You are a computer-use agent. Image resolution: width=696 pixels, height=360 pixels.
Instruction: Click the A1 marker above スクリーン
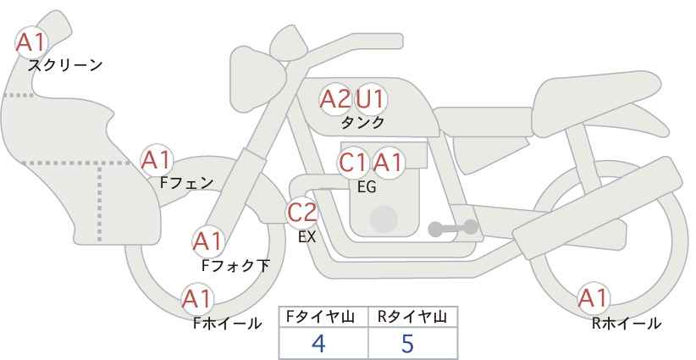tap(31, 42)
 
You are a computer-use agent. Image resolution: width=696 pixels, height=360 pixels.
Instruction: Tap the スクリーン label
tap(65, 66)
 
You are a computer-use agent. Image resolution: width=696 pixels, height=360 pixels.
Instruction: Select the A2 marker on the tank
tap(335, 99)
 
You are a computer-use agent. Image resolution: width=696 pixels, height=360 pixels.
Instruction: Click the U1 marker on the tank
tap(371, 99)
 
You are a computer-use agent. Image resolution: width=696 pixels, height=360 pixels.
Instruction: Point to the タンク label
tap(362, 122)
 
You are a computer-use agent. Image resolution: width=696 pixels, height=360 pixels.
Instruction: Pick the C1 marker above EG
tap(353, 163)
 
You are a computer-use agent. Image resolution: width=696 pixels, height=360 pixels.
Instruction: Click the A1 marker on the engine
tap(388, 163)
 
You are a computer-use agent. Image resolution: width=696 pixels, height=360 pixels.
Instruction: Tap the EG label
tap(367, 187)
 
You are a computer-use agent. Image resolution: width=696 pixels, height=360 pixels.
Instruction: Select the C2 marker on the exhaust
tap(302, 213)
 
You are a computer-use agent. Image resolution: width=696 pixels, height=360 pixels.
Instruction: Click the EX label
tap(307, 237)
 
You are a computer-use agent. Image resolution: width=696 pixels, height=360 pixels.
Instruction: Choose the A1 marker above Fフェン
tap(157, 160)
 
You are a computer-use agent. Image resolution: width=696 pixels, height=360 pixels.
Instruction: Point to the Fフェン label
tap(186, 182)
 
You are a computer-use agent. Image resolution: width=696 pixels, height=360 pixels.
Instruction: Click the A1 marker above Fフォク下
tap(207, 242)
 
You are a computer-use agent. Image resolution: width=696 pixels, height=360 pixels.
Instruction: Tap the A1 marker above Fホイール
tap(198, 299)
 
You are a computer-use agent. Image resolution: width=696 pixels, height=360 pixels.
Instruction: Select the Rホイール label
tap(627, 324)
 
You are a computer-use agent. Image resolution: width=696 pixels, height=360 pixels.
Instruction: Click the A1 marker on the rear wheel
tap(594, 298)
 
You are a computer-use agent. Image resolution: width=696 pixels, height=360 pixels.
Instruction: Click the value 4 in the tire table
tap(318, 343)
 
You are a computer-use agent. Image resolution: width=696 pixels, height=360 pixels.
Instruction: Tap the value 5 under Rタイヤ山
tap(407, 343)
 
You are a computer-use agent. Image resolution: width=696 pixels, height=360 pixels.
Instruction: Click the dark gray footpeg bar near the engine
tap(453, 228)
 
